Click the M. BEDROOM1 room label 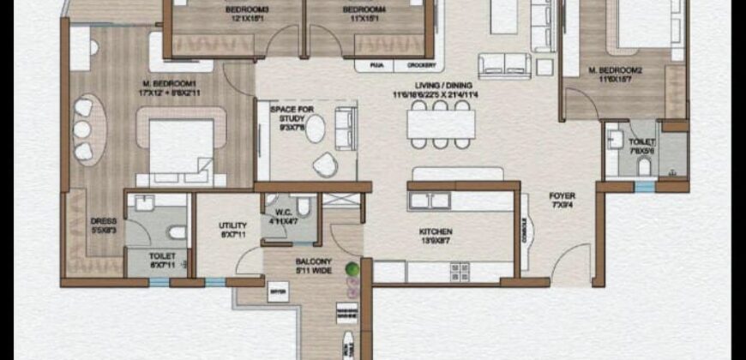tap(159, 84)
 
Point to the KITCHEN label tap(436, 231)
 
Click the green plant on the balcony tap(352, 271)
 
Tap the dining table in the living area tap(441, 123)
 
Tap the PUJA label tap(376, 64)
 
